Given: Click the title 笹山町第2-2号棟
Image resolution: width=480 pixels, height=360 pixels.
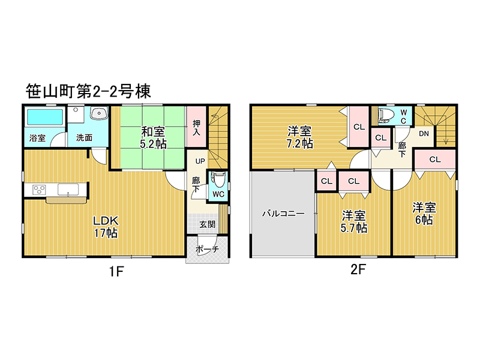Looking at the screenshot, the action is pos(88,91).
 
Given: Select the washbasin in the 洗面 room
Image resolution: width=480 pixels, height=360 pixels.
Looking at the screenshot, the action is pos(99,113).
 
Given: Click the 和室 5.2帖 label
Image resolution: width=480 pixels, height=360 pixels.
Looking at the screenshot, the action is pos(153,138).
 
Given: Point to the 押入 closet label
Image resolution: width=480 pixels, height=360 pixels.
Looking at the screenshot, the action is pos(196,128).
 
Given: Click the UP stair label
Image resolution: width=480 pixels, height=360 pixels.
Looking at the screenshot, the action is pos(200,161).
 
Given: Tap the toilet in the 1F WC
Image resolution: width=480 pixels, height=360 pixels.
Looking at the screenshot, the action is pos(218,179).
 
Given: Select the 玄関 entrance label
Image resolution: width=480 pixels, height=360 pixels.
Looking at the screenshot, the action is pos(208,224).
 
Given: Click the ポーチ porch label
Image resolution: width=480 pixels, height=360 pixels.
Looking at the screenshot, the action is pos(207,249).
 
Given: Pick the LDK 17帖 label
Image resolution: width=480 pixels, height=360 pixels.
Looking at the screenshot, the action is pos(106,227).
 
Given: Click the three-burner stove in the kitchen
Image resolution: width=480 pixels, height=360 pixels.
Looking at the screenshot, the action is pos(39,190).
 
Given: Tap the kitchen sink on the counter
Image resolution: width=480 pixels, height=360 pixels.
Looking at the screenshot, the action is pos(68,190).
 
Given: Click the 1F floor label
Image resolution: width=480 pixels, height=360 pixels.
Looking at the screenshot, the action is pos(116,271).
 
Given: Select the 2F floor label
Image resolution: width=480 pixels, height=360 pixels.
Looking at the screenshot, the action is pos(358,269).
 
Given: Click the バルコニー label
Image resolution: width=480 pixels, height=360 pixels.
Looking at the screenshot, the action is pos(283,214).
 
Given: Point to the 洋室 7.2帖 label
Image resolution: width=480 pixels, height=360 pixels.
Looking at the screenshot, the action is pos(299,137).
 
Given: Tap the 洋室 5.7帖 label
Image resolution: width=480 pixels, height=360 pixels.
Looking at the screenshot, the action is pos(354,222).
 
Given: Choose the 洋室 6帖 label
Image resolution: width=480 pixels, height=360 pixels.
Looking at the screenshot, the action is pos(424,214).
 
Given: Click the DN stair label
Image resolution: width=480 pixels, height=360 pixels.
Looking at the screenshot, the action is pos(424,134).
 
